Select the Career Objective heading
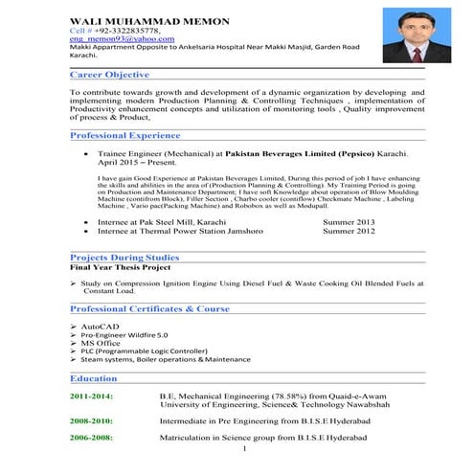pyautogui.click(x=109, y=75)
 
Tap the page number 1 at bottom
pyautogui.click(x=246, y=449)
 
